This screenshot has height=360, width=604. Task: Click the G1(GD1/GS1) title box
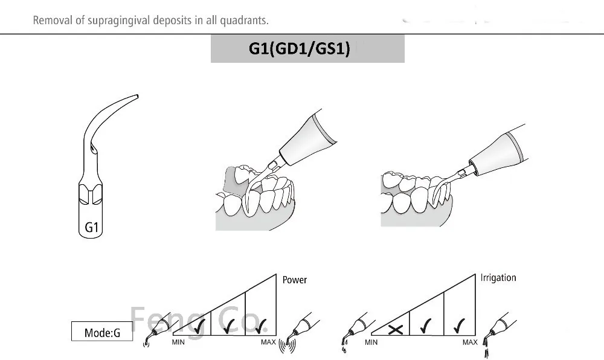(x=307, y=48)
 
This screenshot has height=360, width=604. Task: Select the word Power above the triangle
(x=295, y=280)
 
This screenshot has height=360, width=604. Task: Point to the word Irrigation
(x=498, y=278)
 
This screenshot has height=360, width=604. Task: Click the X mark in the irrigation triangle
(x=395, y=329)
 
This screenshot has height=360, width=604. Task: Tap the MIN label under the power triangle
(x=178, y=342)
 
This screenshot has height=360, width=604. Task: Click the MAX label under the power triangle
(x=268, y=342)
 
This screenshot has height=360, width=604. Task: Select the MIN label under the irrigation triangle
(x=371, y=342)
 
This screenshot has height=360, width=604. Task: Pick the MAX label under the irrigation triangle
(x=470, y=342)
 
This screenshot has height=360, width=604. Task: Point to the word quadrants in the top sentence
(x=246, y=21)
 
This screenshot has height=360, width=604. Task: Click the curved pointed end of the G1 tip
(x=135, y=97)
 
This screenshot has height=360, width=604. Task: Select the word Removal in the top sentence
(x=49, y=21)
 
